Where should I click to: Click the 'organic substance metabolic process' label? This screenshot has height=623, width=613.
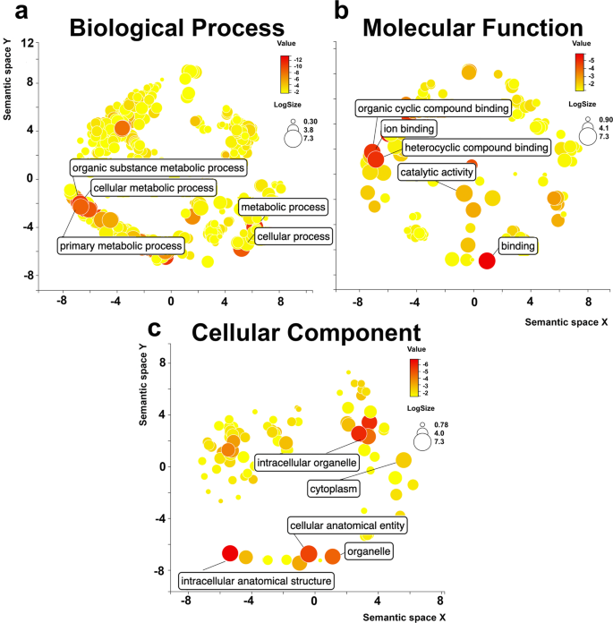point(158,166)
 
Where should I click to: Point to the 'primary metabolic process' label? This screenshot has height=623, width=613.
point(122,245)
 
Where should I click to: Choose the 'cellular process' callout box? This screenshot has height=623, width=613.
point(293,236)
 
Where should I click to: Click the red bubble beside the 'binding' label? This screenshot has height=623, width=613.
point(486,260)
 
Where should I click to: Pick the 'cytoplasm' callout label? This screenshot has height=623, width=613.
point(333,490)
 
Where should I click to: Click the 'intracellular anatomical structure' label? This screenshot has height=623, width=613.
point(256,580)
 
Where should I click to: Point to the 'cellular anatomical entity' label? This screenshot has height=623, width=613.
point(349,525)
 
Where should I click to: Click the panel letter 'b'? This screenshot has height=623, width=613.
point(340,11)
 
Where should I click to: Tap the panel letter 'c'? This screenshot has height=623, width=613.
point(154,328)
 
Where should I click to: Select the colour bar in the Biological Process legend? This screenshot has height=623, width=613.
point(285,74)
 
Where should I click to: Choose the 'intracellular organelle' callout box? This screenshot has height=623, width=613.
point(307,463)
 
